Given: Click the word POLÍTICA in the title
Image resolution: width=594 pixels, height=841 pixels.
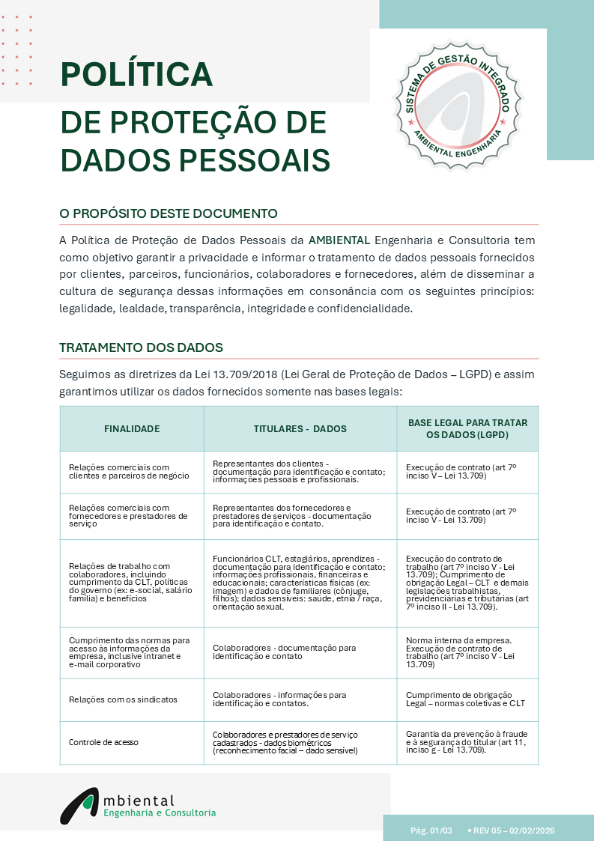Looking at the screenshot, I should pyautogui.click(x=136, y=74).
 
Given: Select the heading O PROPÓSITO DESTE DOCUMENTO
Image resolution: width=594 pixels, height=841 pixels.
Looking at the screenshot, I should pyautogui.click(x=169, y=213).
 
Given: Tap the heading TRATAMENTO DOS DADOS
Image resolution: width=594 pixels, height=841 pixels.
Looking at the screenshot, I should pyautogui.click(x=141, y=347).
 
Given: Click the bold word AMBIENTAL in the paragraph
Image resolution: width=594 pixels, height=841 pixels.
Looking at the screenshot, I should pyautogui.click(x=339, y=240).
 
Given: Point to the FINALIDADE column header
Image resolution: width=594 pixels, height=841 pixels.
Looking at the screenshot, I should pyautogui.click(x=132, y=429).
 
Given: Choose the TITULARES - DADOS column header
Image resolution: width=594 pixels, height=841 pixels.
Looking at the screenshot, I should pyautogui.click(x=300, y=429).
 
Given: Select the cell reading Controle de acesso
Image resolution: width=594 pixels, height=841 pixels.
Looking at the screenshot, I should pyautogui.click(x=103, y=742).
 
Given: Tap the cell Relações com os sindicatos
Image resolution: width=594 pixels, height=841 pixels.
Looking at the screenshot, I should pyautogui.click(x=123, y=699).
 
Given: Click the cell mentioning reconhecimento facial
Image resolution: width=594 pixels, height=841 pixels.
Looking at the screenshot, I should pyautogui.click(x=285, y=742).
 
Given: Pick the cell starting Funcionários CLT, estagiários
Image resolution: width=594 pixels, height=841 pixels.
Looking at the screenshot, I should pyautogui.click(x=299, y=583).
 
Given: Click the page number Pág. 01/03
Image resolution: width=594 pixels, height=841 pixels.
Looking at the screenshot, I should pyautogui.click(x=431, y=831).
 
